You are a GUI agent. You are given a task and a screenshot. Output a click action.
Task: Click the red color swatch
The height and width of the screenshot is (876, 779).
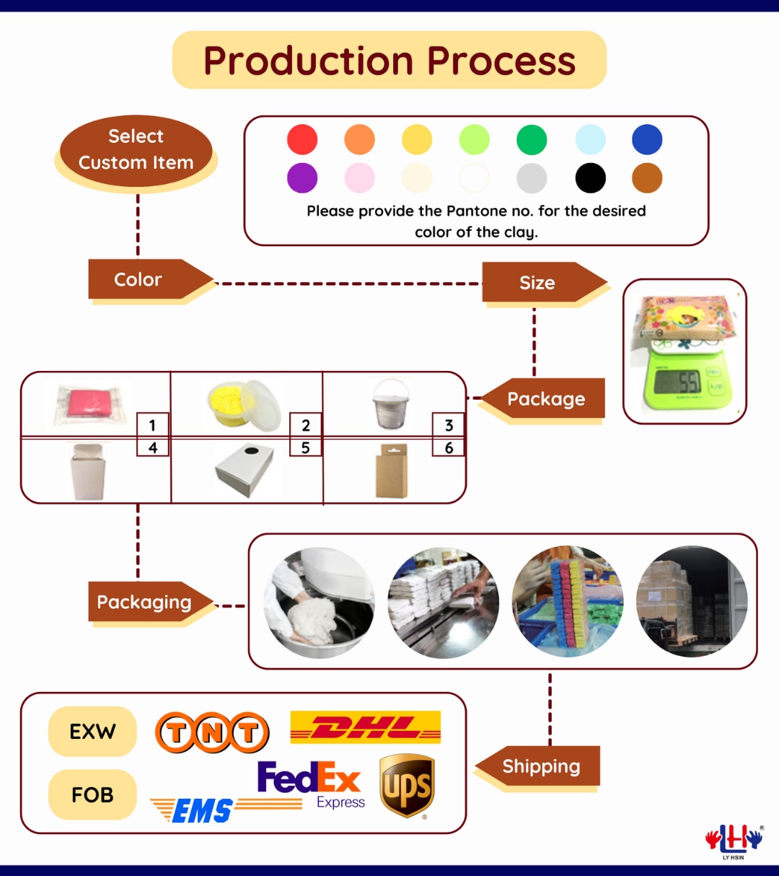(x=302, y=139)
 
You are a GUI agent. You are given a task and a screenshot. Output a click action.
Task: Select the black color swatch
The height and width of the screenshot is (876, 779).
(x=590, y=178)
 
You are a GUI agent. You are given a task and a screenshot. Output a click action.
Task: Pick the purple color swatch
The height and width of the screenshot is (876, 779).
(x=302, y=178)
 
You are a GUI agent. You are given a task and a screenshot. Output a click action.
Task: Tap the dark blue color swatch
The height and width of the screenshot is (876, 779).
(x=647, y=139)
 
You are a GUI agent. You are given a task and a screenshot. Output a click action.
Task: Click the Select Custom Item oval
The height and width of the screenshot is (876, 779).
(x=136, y=150)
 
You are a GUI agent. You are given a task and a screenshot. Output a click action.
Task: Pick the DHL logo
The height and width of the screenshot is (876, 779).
(x=365, y=727)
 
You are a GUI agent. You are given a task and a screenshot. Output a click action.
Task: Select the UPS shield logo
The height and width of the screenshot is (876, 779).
(x=407, y=786)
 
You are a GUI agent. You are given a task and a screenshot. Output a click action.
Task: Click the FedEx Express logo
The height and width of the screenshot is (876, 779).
(x=309, y=784)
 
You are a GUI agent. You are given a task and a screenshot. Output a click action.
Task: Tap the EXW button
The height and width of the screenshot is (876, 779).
(x=92, y=732)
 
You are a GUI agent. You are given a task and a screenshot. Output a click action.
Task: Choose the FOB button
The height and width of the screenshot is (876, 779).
(x=92, y=794)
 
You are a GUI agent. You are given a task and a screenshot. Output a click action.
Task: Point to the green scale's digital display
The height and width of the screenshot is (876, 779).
(x=677, y=382)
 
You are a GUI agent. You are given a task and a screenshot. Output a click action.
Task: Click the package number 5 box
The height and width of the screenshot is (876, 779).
(x=305, y=448)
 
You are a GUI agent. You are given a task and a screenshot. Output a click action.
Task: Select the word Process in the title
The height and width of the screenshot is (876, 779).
(x=501, y=61)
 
